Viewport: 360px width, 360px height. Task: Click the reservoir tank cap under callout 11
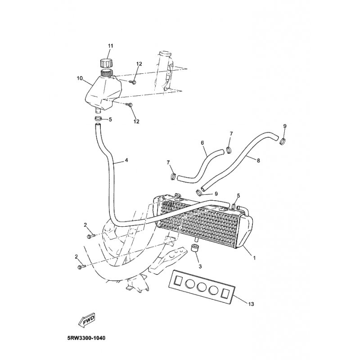[x=107, y=63]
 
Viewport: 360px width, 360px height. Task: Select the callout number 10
[x=80, y=78]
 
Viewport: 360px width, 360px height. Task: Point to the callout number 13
[x=251, y=304]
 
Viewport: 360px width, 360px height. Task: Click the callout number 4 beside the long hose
[x=126, y=160]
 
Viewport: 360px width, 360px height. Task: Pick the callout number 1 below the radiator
[x=254, y=258]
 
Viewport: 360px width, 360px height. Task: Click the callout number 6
[x=202, y=143]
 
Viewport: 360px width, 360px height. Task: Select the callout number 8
[x=258, y=161]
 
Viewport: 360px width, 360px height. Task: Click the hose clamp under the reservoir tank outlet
[x=98, y=119]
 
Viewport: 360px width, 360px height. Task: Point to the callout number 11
[x=110, y=46]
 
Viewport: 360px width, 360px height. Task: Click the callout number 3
[x=200, y=266]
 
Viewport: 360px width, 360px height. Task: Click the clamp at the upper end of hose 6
[x=229, y=150]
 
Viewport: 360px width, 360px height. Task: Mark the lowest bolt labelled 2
[x=82, y=267]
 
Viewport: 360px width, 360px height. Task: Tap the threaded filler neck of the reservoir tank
[x=107, y=72]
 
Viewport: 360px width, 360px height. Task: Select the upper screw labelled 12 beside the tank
[x=133, y=81]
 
